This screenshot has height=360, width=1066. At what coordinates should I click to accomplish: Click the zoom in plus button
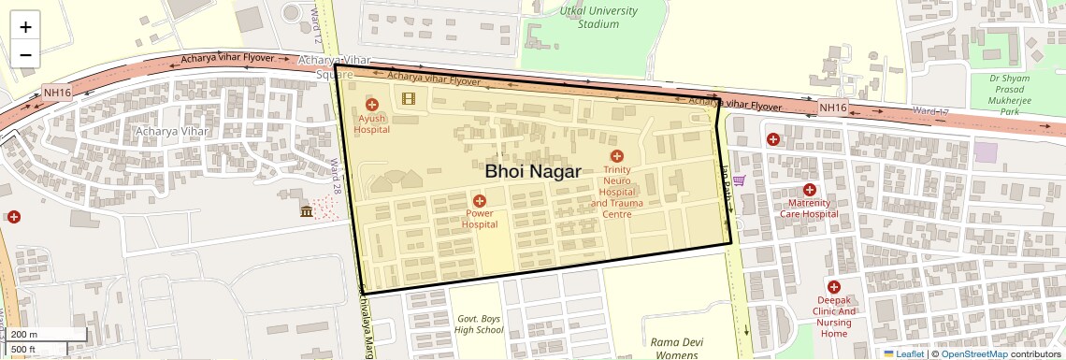(25, 26)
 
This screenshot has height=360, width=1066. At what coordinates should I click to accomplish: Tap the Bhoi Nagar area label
(533, 171)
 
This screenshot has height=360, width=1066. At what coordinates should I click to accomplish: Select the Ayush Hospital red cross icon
(371, 105)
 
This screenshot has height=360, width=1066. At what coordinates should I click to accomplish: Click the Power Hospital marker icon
(480, 200)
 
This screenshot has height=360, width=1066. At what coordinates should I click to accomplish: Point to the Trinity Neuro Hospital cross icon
(616, 156)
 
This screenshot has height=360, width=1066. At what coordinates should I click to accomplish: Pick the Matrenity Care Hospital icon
(810, 190)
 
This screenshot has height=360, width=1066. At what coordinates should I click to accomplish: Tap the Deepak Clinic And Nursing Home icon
(833, 287)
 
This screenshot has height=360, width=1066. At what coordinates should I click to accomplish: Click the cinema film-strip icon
(408, 97)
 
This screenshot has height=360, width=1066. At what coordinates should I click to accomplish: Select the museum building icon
(307, 212)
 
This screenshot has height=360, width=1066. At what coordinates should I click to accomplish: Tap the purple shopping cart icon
(739, 180)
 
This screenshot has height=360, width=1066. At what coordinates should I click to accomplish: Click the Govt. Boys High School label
(479, 324)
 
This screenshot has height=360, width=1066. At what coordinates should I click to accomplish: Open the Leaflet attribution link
(903, 353)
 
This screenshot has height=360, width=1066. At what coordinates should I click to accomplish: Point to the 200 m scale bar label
(26, 335)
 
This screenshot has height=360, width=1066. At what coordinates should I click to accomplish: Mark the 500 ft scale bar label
(24, 350)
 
